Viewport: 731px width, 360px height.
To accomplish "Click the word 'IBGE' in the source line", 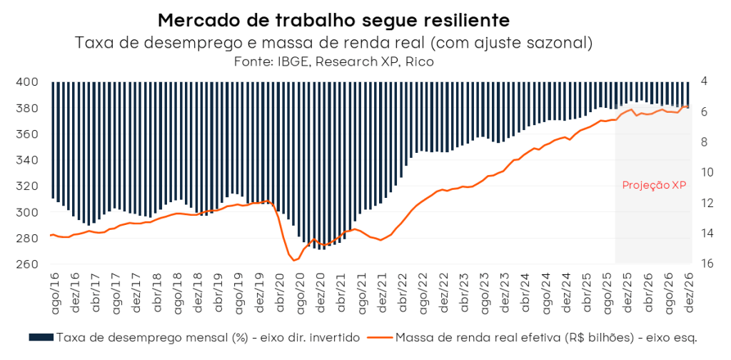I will coord(293,62).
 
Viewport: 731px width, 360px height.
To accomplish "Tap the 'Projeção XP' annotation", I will coord(654,185).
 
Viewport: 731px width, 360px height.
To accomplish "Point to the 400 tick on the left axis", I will coord(27,81).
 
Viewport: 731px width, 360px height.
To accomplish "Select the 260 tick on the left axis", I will coord(27,264).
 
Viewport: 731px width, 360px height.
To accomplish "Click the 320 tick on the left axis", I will coord(27,186).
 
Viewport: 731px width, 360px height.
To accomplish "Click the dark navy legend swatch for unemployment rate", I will coord(41,336).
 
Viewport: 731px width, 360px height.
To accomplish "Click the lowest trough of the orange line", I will coord(294,261).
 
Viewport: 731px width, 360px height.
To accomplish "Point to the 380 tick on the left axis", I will coord(27,108).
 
